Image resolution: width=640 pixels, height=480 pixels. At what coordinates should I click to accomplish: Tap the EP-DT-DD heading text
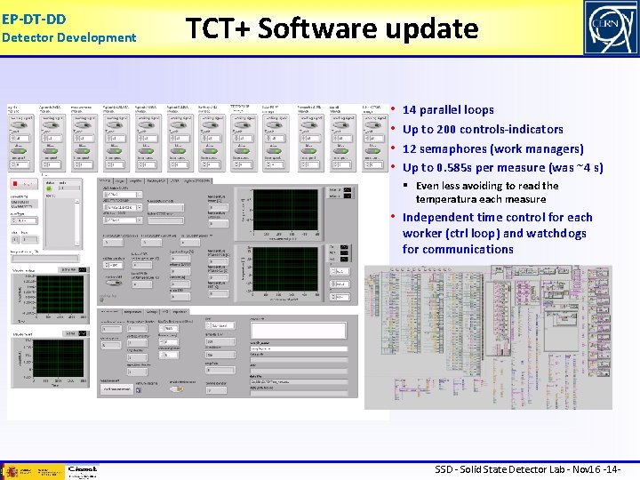(34, 18)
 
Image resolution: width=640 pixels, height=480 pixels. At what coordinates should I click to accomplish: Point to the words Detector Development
(68, 37)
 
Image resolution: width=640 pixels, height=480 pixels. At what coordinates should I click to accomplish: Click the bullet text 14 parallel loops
(448, 110)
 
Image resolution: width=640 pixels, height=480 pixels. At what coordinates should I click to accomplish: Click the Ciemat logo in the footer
(82, 470)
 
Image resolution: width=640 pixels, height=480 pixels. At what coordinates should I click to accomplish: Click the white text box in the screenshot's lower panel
(297, 329)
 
